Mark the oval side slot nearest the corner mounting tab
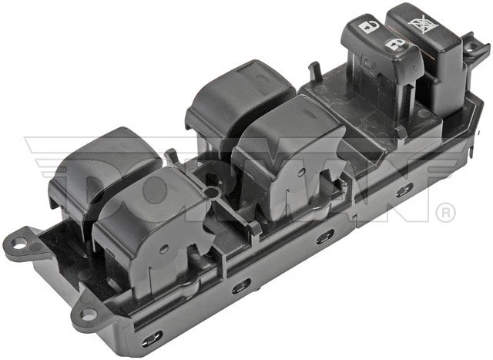152,336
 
